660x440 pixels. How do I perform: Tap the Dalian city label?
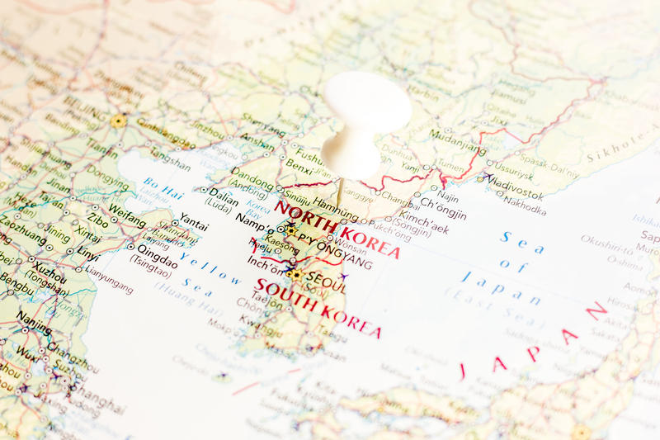[225, 192]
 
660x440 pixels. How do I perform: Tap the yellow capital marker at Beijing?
[119, 121]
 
